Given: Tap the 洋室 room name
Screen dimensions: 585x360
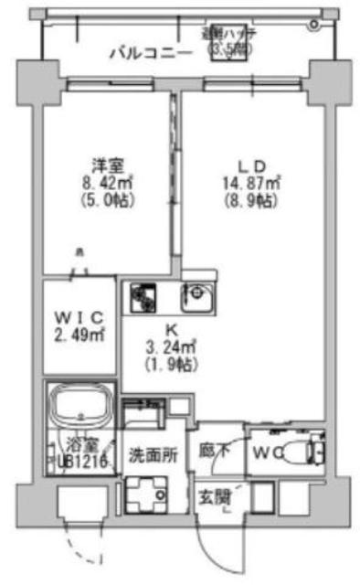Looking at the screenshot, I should click(108, 166).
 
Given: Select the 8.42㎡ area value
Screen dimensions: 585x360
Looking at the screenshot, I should click(108, 182).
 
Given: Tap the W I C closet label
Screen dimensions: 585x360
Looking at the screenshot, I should click(80, 317).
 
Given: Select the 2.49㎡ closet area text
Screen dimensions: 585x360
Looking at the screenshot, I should click(80, 335).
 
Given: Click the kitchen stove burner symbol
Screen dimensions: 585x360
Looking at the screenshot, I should click(143, 295).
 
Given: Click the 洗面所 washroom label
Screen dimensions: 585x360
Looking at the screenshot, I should click(146, 454).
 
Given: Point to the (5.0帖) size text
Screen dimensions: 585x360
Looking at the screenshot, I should click(108, 198).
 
